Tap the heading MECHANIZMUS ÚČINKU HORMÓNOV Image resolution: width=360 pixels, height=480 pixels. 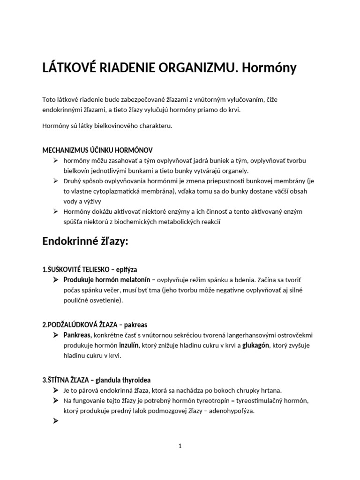click(x=97, y=150)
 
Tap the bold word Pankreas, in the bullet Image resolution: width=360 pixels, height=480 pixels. click(x=78, y=335)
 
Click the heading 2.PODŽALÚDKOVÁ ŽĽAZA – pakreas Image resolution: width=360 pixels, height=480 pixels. click(x=97, y=325)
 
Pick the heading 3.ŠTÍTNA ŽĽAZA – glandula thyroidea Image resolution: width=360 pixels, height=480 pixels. click(x=97, y=380)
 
